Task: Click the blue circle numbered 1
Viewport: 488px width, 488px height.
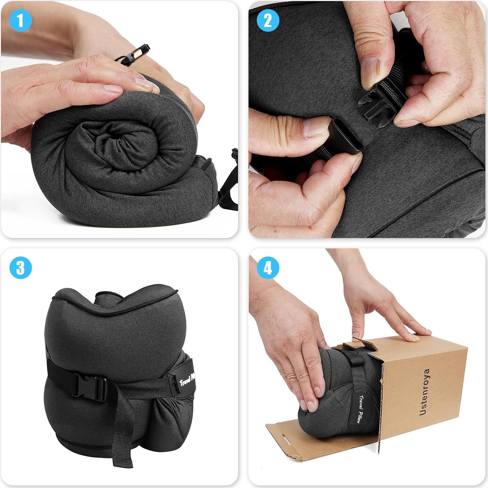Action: click(21, 21)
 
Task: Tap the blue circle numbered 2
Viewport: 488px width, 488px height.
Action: click(268, 21)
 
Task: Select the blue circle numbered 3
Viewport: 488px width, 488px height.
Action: click(21, 268)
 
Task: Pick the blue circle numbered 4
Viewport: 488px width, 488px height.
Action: click(268, 268)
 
